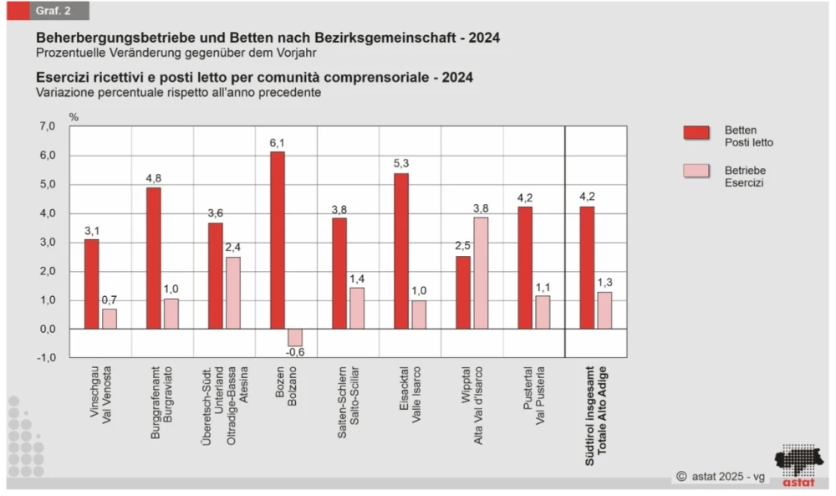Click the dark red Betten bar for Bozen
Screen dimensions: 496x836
277,240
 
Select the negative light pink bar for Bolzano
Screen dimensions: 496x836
295,337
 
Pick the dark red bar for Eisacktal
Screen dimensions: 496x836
400,251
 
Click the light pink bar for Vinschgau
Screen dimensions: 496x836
110,319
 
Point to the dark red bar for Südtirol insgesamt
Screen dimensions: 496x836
587,268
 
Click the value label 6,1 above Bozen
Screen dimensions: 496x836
277,143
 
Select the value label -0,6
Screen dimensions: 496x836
294,352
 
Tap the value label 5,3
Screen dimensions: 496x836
400,164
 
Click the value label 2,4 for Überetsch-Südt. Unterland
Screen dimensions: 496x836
233,248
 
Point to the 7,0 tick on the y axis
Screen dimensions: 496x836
47,126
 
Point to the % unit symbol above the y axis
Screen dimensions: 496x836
74,117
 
